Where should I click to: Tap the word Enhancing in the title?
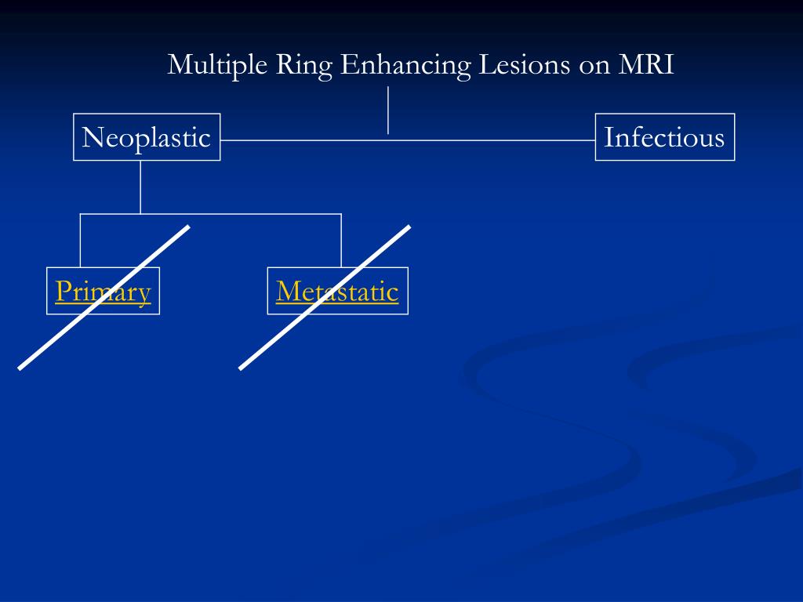405,65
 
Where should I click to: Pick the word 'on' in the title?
593,65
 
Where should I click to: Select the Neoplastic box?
147,137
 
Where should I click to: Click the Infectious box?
664,137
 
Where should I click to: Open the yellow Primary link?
103,292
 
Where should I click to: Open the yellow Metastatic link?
337,292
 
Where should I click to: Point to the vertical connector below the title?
388,110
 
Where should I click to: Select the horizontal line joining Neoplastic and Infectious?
471,140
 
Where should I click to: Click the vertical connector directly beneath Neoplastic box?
140,187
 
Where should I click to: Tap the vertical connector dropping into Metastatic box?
341,240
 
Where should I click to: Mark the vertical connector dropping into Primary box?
80,240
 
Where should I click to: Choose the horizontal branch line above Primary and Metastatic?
235,213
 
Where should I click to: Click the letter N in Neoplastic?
89,138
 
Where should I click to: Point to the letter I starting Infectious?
608,137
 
